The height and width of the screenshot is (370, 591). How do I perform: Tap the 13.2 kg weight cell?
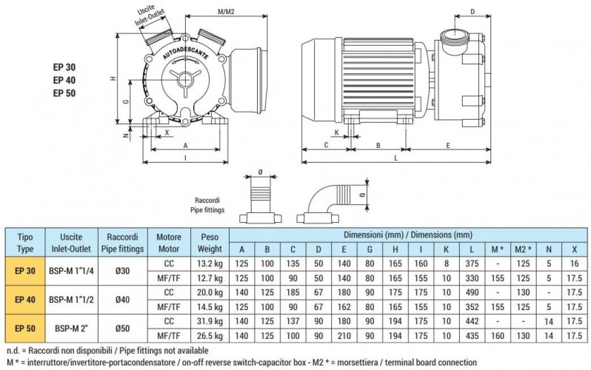(x=205, y=263)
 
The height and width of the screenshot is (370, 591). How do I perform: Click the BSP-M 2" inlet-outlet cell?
(x=72, y=326)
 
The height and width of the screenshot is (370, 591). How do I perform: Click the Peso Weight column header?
(x=205, y=242)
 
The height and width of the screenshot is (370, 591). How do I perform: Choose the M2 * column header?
(x=522, y=249)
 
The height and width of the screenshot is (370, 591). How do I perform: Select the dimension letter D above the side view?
(x=473, y=12)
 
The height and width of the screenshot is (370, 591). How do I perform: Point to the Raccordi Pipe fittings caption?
(x=208, y=205)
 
